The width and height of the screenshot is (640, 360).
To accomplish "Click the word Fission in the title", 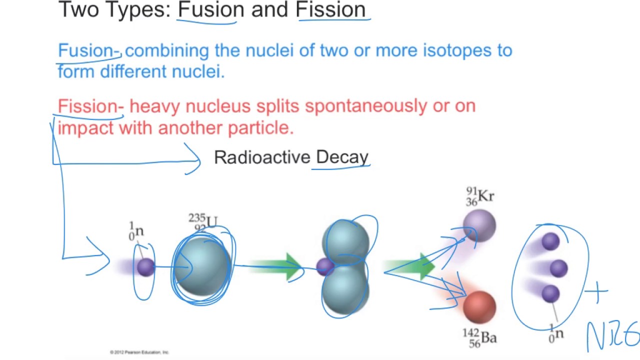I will coord(331,10).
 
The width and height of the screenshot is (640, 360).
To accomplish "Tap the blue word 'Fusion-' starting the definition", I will coord(89,50).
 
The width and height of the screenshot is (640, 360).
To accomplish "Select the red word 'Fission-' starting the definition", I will coord(90,106).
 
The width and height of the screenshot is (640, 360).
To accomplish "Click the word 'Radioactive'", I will coord(262,157).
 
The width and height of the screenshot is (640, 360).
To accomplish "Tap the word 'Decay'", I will coord(342,157).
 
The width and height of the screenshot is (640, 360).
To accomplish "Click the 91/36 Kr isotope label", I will coord(480,196).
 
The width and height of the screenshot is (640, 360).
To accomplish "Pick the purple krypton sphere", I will coord(479,226).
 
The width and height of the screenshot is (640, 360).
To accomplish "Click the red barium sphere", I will coord(479,306).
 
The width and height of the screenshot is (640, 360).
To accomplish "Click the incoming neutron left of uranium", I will coord(145,267).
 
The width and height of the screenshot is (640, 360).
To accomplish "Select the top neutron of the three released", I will coord(550,242).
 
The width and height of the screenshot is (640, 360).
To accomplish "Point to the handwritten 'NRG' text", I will coord(612,336).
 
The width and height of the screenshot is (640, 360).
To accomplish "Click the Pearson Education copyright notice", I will coord(139,352).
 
